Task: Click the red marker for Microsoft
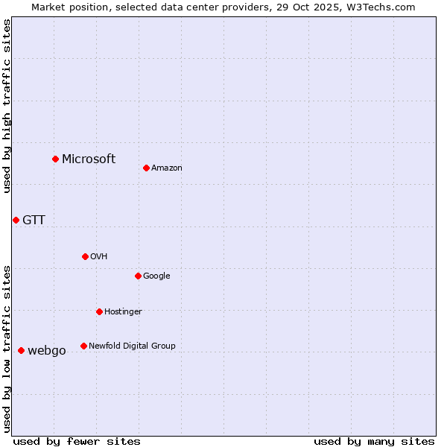pyautogui.click(x=55, y=159)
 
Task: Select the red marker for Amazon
pyautogui.click(x=146, y=168)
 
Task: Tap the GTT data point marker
pyautogui.click(x=16, y=220)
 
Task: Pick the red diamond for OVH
pyautogui.click(x=85, y=256)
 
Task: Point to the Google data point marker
pyautogui.click(x=138, y=276)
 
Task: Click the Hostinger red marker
pyautogui.click(x=99, y=311)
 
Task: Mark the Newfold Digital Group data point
pyautogui.click(x=83, y=346)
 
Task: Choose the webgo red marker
pyautogui.click(x=21, y=350)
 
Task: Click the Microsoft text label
pyautogui.click(x=89, y=159)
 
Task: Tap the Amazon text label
pyautogui.click(x=167, y=168)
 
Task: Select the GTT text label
pyautogui.click(x=34, y=220)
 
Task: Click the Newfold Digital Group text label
pyautogui.click(x=132, y=346)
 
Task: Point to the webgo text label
pyautogui.click(x=47, y=350)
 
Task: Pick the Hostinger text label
pyautogui.click(x=123, y=311)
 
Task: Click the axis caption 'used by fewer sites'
pyautogui.click(x=77, y=441)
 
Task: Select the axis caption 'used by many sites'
pyautogui.click(x=374, y=441)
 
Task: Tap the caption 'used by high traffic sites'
pyautogui.click(x=7, y=106)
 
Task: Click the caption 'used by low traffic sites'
pyautogui.click(x=7, y=348)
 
